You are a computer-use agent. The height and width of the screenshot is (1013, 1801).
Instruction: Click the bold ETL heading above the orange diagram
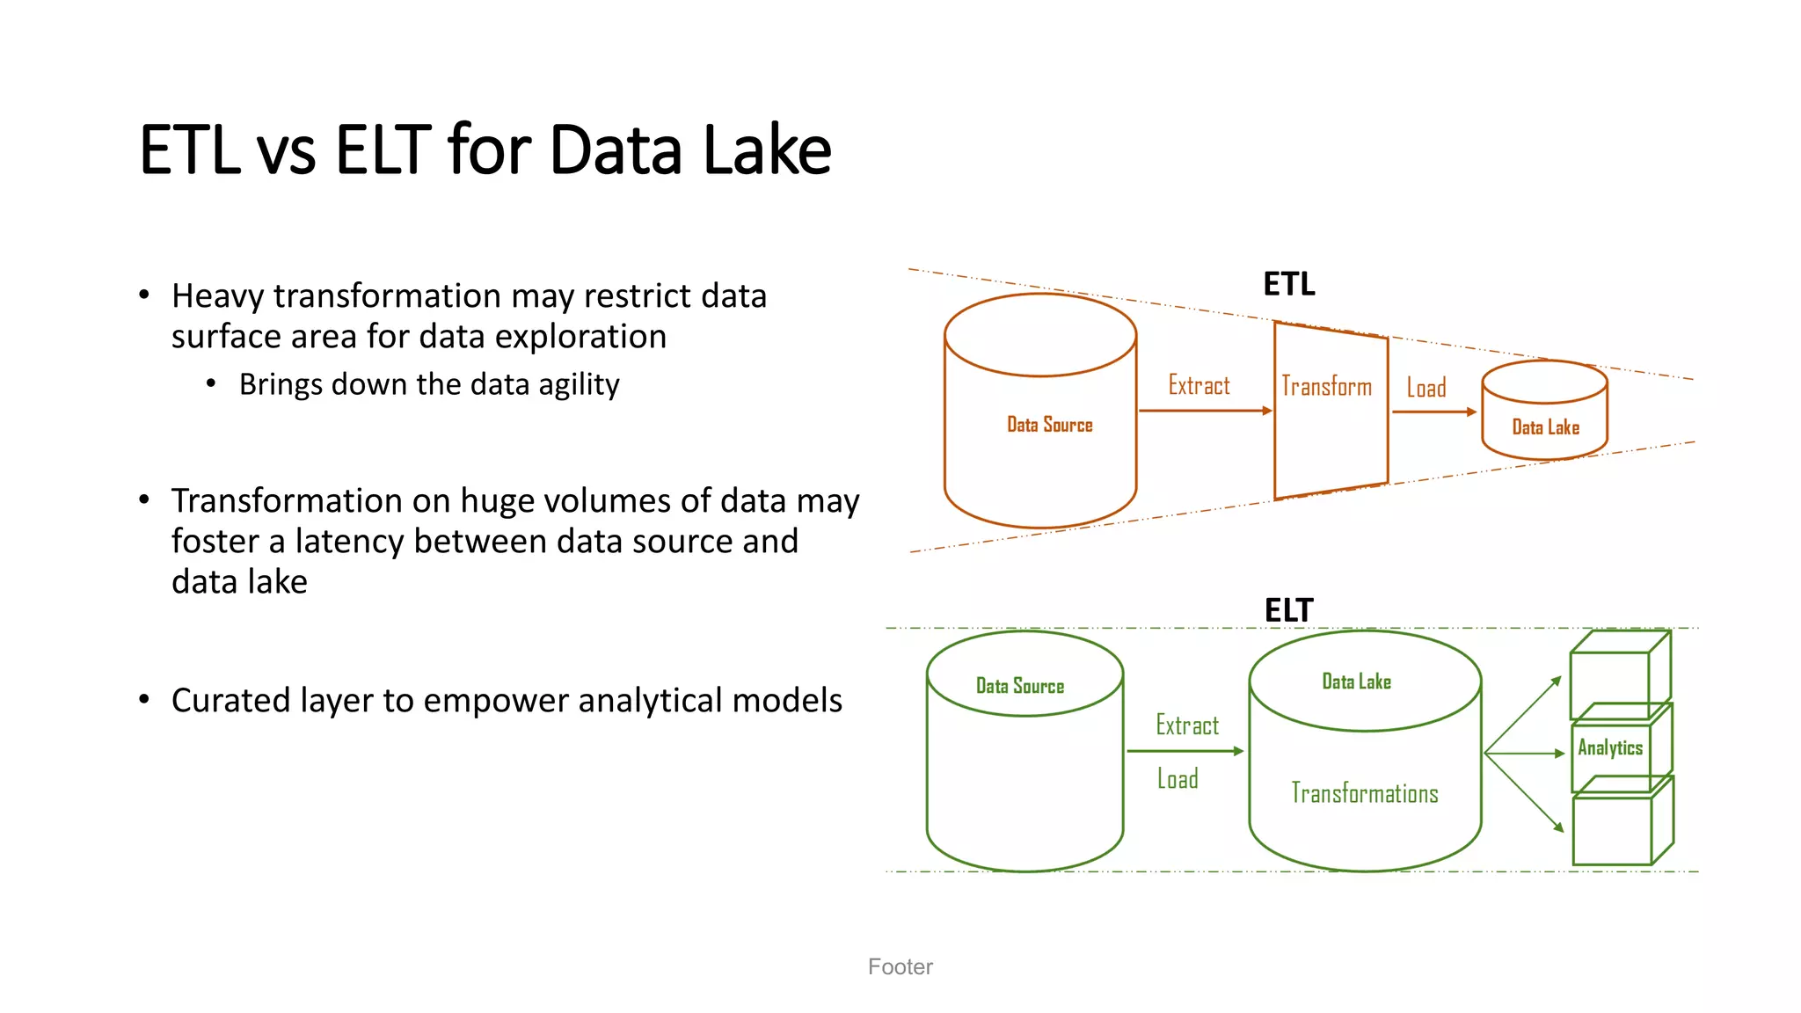(1289, 284)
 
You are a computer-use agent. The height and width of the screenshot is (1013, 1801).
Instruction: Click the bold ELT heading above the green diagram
(1289, 610)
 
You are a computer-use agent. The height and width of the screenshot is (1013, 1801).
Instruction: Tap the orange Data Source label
(1049, 425)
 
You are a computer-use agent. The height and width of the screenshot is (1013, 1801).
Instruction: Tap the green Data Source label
(1020, 686)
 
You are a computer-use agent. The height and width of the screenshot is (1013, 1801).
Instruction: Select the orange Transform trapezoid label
(1326, 386)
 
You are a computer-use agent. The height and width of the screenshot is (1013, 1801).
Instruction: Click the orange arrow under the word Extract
(1205, 411)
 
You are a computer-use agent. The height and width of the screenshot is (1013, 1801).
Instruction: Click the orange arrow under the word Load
(1433, 412)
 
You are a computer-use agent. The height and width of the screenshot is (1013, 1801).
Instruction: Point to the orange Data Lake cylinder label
(1545, 427)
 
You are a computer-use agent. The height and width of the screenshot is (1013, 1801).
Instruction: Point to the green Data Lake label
(1356, 681)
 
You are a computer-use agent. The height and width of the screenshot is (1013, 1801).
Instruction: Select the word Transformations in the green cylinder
(1364, 793)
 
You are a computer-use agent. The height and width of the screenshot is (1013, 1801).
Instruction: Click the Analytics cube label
(1609, 747)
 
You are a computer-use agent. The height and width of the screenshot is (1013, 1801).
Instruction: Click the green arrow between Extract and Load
(1185, 751)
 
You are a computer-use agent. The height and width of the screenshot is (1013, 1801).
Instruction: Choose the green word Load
(1178, 779)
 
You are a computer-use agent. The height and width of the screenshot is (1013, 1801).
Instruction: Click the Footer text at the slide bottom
(900, 966)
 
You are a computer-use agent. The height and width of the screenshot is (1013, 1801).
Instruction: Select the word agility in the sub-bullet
(579, 384)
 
